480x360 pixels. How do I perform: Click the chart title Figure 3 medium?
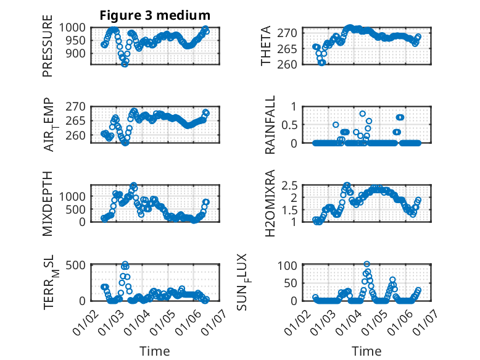point(155,15)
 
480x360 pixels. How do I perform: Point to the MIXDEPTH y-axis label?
point(48,204)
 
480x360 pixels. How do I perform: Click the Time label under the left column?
point(155,351)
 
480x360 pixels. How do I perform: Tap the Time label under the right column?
point(366,351)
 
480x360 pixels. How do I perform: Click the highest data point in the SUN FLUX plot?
point(367,264)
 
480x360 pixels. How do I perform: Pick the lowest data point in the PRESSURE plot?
point(125,64)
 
